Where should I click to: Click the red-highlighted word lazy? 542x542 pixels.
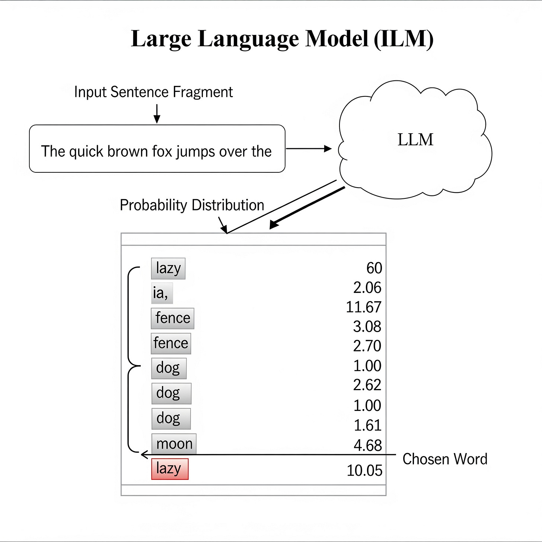(x=170, y=469)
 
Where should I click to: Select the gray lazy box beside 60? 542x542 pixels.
(x=168, y=268)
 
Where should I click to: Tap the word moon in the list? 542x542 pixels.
(x=174, y=444)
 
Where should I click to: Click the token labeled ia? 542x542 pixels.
(x=161, y=293)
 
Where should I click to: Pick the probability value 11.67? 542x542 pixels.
(x=363, y=307)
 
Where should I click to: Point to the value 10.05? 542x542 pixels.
(x=364, y=471)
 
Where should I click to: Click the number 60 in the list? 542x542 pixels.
(x=374, y=268)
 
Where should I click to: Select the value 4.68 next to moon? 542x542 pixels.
(x=367, y=446)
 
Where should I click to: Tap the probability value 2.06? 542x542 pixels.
(x=367, y=288)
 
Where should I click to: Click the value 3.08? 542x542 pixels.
(x=367, y=326)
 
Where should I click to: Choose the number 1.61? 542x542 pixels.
(x=367, y=425)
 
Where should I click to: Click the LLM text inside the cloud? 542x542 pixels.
(x=415, y=140)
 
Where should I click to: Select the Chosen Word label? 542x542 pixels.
(x=445, y=459)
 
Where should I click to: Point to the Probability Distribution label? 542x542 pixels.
(x=192, y=205)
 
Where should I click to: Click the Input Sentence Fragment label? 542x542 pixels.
(x=153, y=92)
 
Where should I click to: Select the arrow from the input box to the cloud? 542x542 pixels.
(x=309, y=149)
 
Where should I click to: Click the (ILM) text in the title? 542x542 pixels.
(x=404, y=38)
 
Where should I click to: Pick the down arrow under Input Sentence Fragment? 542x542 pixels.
(x=157, y=114)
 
